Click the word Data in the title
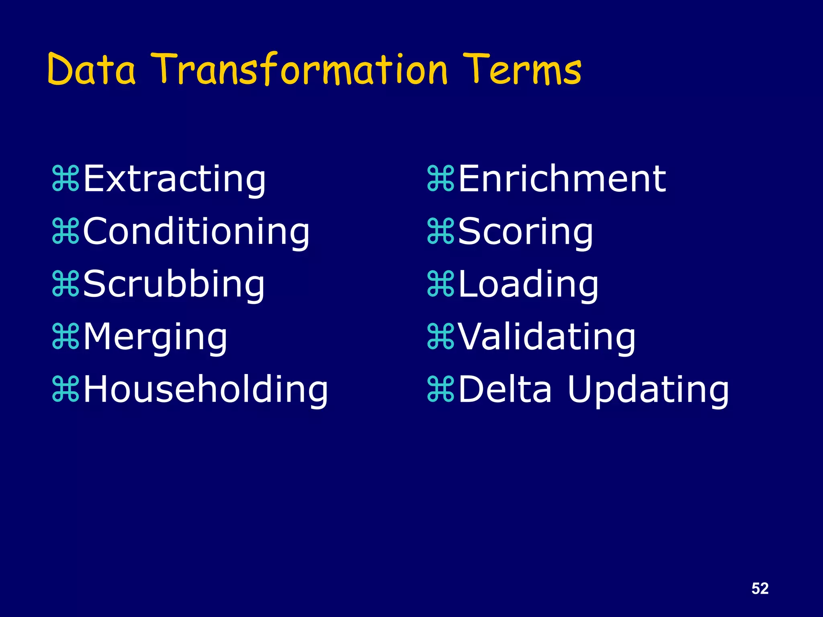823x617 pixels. point(92,69)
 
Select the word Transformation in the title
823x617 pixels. point(301,69)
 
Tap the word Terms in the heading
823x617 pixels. point(521,69)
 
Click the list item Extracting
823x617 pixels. point(174,179)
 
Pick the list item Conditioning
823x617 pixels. point(196,231)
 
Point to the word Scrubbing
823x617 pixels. point(174,284)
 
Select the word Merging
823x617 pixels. point(155,337)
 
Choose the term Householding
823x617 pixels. point(205,389)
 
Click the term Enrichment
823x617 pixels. point(562,179)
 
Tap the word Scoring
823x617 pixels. point(525,231)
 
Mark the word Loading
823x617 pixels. point(528,284)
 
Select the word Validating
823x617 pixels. point(547,337)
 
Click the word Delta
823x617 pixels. point(505,389)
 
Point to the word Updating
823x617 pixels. point(648,389)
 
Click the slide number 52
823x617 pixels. point(760,588)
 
